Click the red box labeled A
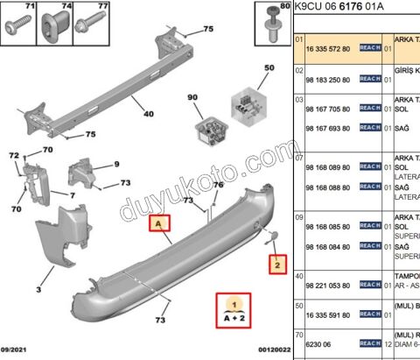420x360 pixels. tap(160, 224)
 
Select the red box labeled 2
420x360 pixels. tap(276, 262)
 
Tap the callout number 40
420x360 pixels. tap(148, 112)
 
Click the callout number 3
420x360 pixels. tap(38, 289)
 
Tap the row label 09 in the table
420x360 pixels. tap(298, 215)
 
